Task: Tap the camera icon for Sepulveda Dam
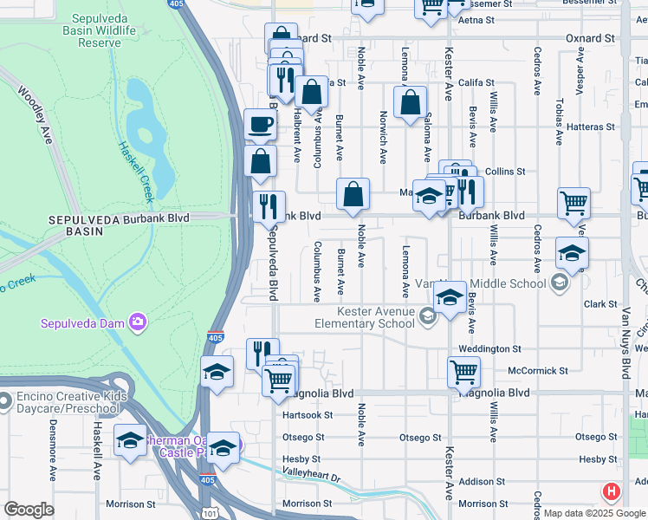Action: coord(137,323)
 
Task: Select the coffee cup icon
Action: coord(261,125)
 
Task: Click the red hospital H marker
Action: coord(612,492)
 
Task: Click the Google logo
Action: coord(29,510)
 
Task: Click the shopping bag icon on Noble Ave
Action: coord(353,196)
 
